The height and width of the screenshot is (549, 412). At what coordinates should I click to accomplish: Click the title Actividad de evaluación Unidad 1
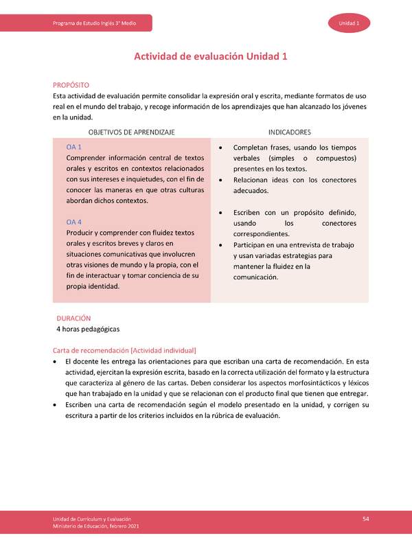210,57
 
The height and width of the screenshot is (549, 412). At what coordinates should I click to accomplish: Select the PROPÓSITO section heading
72,85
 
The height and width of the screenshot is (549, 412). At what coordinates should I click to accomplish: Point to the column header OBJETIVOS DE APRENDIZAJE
131,132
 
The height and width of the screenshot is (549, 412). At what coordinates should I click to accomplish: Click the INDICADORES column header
289,132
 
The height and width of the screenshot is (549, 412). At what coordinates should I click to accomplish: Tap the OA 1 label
74,148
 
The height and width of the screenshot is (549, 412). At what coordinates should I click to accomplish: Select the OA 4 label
74,222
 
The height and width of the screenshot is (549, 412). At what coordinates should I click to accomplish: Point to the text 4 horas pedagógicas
88,329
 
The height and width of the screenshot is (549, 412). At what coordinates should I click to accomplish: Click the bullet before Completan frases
220,148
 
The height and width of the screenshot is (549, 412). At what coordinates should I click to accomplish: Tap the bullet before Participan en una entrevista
220,245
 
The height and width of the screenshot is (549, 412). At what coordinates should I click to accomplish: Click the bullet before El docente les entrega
55,361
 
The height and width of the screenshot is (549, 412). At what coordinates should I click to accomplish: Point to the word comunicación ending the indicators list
255,277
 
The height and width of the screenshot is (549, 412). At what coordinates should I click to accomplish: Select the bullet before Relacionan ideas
220,180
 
